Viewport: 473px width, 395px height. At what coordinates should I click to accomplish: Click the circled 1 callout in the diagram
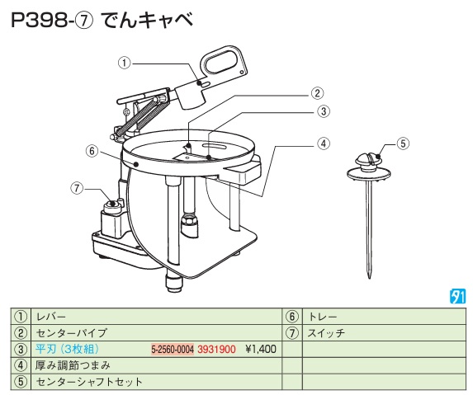[x=124, y=63]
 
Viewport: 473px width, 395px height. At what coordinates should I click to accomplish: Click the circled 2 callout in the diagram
[x=317, y=93]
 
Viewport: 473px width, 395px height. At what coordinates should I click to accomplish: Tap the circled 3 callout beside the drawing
[x=324, y=111]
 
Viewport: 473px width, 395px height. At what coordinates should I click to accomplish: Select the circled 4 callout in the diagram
[x=324, y=143]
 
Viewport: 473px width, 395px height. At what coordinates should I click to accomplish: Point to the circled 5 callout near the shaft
[x=404, y=143]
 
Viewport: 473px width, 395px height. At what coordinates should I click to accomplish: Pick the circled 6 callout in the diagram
[x=92, y=151]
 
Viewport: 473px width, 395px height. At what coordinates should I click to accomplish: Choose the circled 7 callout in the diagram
[x=77, y=188]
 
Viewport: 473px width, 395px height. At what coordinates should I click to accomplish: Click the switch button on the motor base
[x=113, y=205]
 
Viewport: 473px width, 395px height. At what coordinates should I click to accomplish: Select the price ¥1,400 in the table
[x=261, y=350]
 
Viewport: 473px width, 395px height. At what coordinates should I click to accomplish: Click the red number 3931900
[x=216, y=350]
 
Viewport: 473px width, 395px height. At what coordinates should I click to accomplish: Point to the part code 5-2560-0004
[x=173, y=350]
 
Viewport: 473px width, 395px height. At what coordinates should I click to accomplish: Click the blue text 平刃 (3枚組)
[x=67, y=349]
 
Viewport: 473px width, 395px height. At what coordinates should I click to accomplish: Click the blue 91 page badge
[x=457, y=297]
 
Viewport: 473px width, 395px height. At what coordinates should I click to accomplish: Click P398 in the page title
[x=39, y=21]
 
